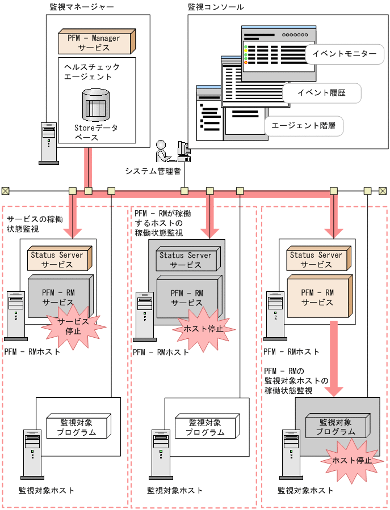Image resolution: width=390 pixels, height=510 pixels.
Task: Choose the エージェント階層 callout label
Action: pos(304,126)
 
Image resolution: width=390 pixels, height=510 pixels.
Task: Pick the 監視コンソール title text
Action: pos(216,7)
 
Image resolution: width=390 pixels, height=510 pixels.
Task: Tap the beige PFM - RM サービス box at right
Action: pos(319,297)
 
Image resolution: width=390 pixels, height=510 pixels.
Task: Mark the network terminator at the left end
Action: pos(5,191)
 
